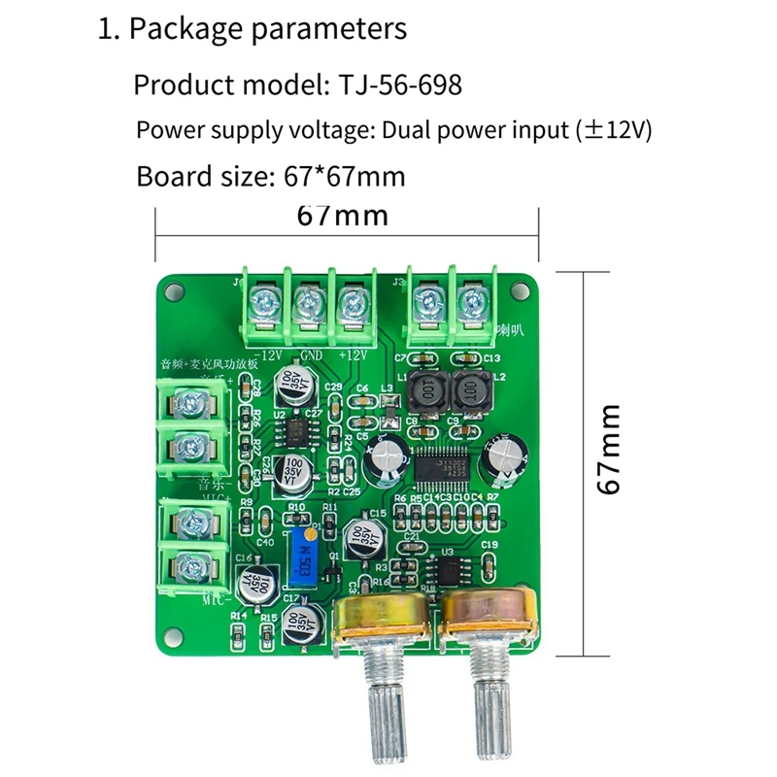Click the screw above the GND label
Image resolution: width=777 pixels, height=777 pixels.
tap(307, 303)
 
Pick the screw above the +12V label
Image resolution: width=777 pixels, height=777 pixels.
tap(351, 303)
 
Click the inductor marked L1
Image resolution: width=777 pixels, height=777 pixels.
tap(425, 391)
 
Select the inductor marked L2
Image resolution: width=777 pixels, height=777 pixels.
tap(471, 391)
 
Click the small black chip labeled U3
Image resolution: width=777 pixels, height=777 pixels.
tap(448, 569)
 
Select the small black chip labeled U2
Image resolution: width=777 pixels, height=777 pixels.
tap(287, 428)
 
